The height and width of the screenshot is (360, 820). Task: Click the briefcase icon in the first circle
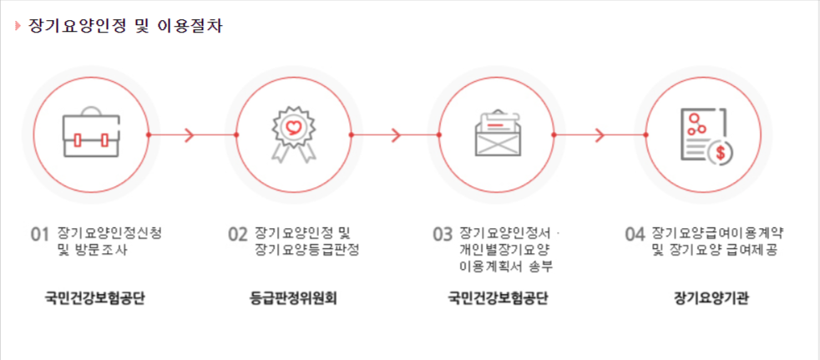92,134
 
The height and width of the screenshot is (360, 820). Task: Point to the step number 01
40,234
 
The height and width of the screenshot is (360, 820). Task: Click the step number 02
238,234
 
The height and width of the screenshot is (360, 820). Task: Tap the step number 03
442,234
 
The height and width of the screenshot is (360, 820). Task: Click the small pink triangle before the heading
18,25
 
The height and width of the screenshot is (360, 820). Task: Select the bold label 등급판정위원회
293,297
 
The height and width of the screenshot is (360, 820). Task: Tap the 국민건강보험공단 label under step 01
95,297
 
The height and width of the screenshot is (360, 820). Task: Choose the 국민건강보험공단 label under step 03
498,297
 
